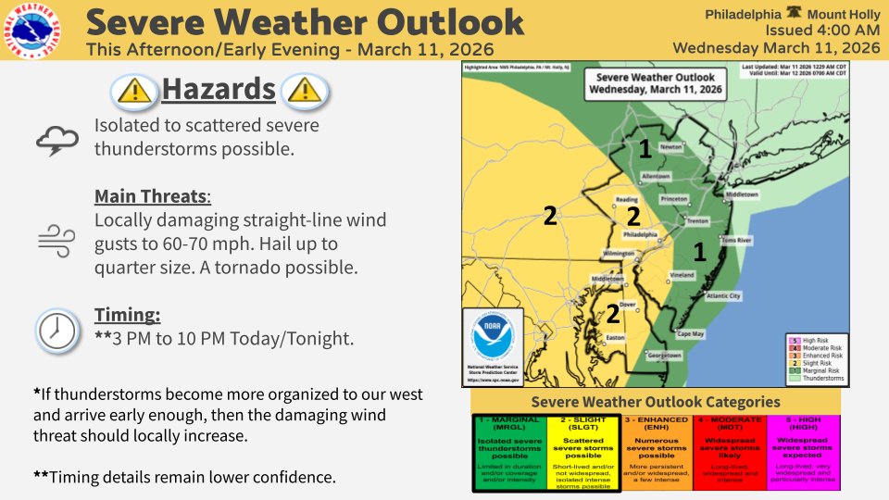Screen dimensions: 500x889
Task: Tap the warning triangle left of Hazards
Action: pos(136,91)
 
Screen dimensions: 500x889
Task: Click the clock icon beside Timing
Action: pos(56,329)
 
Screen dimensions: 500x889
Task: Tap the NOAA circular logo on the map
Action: pos(493,340)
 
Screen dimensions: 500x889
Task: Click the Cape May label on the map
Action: pos(691,333)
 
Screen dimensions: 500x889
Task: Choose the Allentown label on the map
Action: pos(656,175)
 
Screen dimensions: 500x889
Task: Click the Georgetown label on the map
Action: pos(664,356)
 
